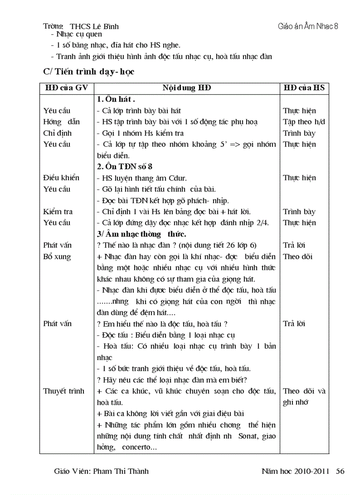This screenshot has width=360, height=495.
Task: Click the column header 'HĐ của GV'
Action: [67, 88]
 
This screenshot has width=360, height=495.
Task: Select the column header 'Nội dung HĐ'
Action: [187, 88]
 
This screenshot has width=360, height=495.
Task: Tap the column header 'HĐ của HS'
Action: [304, 88]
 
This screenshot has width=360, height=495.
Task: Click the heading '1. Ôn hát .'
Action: [116, 100]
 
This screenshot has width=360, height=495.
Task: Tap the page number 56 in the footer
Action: [340, 471]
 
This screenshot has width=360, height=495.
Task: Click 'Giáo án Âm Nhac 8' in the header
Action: [308, 26]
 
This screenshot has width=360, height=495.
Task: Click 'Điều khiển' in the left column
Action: [61, 178]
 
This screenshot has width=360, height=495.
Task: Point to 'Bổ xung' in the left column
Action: [57, 257]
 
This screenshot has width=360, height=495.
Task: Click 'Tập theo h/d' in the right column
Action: [304, 122]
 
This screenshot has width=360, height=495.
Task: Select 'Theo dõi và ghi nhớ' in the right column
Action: [304, 396]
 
